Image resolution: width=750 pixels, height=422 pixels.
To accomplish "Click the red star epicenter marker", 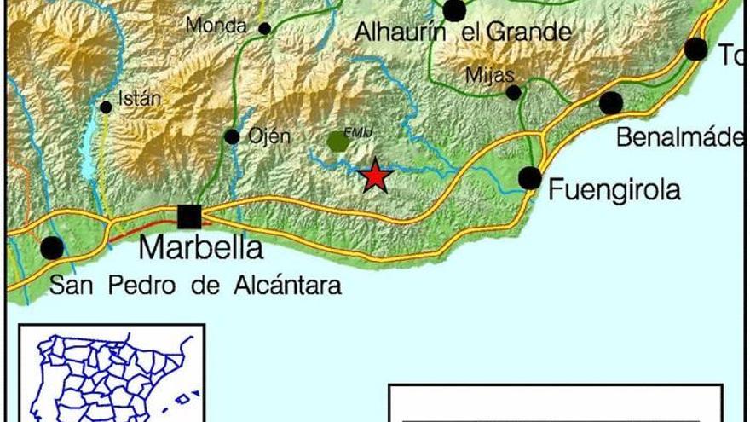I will [x=375, y=176].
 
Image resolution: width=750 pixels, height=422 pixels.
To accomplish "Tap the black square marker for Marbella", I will [x=189, y=217].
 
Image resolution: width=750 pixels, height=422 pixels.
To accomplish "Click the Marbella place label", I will [x=200, y=248].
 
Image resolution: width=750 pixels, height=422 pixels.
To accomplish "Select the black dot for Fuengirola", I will [x=530, y=178].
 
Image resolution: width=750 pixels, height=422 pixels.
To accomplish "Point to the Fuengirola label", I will [x=614, y=189].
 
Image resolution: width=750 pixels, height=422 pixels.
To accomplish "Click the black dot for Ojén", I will [x=232, y=136].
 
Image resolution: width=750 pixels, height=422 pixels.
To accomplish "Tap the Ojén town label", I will [x=268, y=136].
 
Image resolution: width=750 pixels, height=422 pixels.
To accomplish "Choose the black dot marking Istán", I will [x=106, y=107].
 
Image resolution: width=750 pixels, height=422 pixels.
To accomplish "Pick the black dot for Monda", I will [x=265, y=29].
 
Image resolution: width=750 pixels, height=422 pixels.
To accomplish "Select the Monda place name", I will [x=216, y=26].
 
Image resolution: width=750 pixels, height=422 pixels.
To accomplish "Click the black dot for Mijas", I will [x=513, y=92].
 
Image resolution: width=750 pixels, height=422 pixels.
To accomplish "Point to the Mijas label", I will [x=489, y=75].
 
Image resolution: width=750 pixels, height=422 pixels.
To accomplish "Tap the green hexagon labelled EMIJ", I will [x=338, y=141].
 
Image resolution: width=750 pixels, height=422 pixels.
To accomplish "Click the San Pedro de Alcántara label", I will [x=195, y=286].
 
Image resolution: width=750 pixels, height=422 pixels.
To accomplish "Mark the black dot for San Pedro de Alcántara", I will [x=52, y=248].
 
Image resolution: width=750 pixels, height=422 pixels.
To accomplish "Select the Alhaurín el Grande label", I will [x=463, y=33].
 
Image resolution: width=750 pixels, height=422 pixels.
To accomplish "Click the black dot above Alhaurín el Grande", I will [x=454, y=9].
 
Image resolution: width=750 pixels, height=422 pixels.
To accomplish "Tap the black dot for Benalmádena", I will [x=611, y=103].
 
